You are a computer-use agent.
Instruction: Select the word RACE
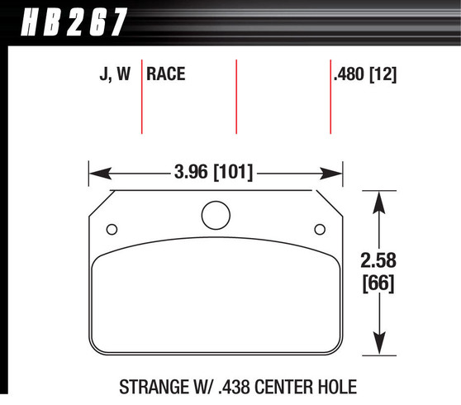[x=166, y=75]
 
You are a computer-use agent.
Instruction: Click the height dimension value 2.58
[x=379, y=261]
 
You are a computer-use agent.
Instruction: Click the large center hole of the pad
[x=215, y=216]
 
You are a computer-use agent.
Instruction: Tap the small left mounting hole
[x=112, y=230]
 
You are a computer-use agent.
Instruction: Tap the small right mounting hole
[x=319, y=230]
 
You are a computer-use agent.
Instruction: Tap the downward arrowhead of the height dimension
[x=379, y=346]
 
